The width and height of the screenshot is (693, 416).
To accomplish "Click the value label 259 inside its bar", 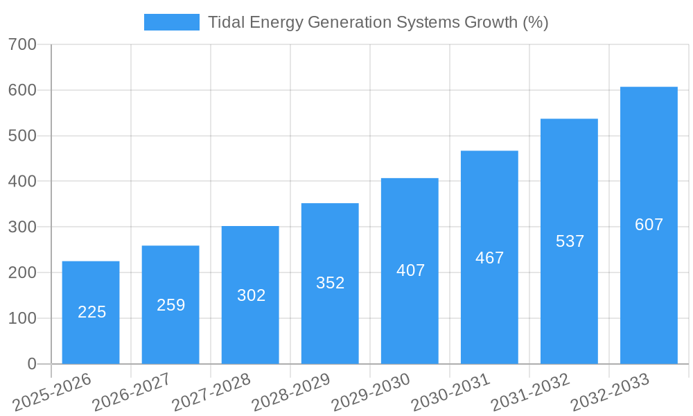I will pos(170,305).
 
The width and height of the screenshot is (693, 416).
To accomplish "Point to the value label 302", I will pos(251,295).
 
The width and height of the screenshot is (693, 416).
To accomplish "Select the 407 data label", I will pos(410,270).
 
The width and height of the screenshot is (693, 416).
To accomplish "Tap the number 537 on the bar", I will pos(570,241).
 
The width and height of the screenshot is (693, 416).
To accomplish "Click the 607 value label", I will pos(649,225).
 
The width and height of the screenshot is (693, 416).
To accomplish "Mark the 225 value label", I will pos(91,312).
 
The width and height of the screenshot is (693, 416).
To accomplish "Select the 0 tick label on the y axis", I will pos(32,364).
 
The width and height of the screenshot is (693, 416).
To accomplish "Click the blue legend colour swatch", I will pos(171,22).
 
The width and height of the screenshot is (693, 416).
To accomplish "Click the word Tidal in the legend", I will pos(227,22).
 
